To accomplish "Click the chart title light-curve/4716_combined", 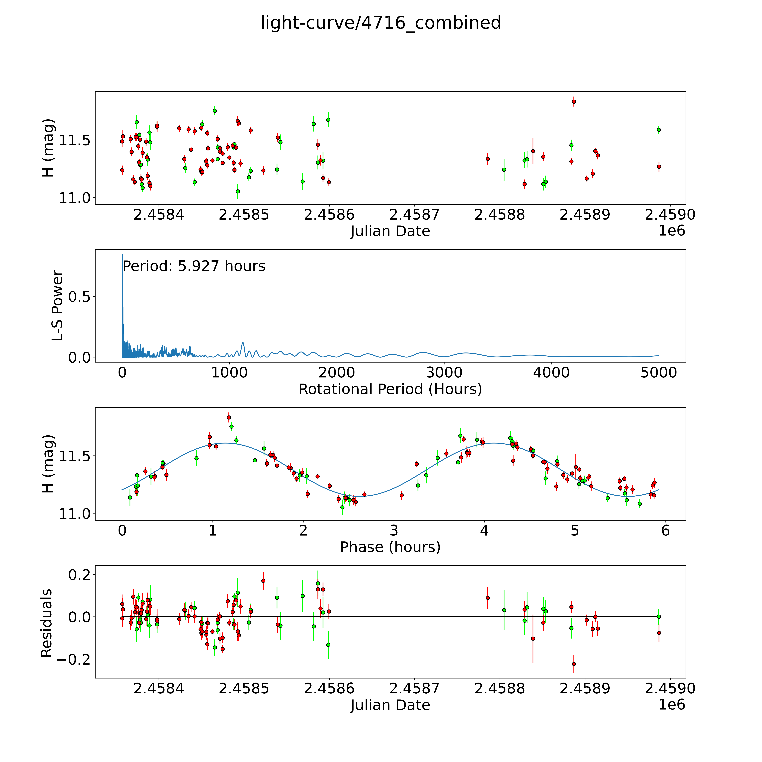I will (x=381, y=23).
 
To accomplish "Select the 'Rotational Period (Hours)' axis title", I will (x=390, y=389).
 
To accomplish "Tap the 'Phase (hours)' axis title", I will (x=390, y=547).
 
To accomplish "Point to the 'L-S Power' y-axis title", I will (x=58, y=306).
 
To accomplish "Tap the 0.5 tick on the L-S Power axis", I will (x=79, y=297).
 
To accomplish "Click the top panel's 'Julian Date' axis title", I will (x=390, y=231).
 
